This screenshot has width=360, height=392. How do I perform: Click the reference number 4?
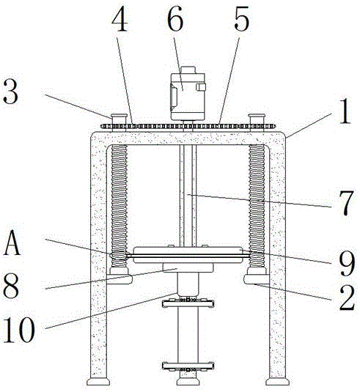[120, 19]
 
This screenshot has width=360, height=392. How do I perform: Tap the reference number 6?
[175, 19]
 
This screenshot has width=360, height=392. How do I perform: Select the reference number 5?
[242, 19]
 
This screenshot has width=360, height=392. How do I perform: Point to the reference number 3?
[10, 91]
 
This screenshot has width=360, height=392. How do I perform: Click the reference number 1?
[345, 111]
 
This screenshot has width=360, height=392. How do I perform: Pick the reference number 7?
[346, 203]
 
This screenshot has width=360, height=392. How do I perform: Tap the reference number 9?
[347, 264]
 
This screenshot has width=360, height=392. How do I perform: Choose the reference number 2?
[347, 297]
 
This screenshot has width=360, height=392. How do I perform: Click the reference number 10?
[19, 329]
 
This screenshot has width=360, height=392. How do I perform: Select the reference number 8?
[11, 286]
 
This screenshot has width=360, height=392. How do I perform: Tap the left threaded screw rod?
[119, 205]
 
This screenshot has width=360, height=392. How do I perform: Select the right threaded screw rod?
[257, 205]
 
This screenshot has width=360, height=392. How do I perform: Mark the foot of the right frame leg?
[277, 382]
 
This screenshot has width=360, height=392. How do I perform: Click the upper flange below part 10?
[188, 303]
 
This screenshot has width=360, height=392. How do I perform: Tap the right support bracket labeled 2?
[257, 279]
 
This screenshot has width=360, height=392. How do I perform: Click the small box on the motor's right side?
[201, 87]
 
